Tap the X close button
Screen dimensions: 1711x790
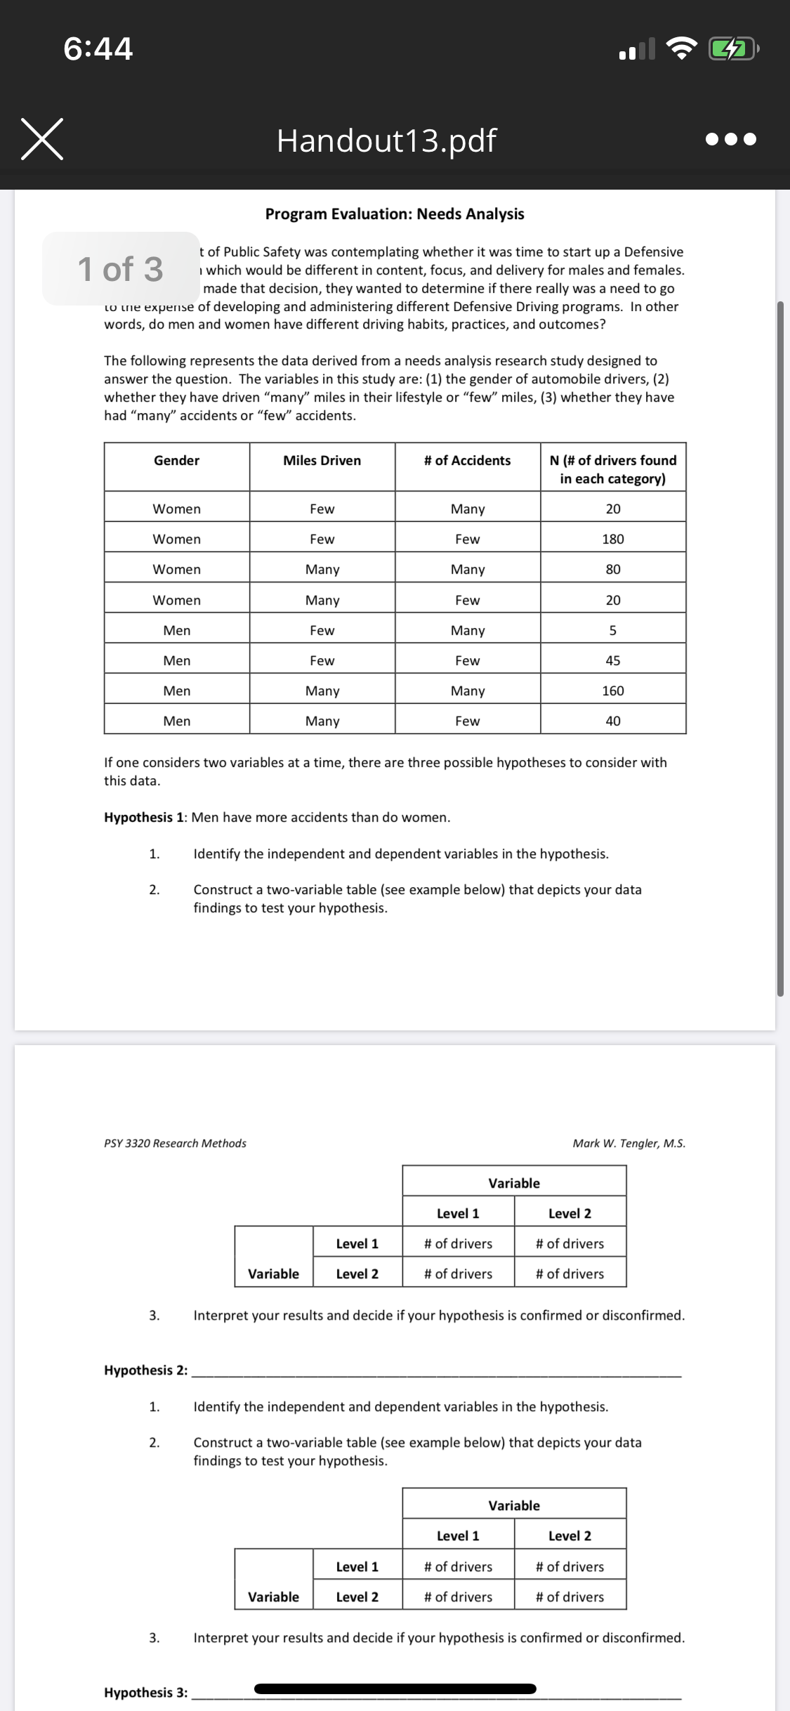coord(42,139)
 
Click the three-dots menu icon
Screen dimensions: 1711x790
coord(731,139)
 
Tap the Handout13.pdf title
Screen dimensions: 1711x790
coord(386,140)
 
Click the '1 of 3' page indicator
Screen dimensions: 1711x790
coord(121,269)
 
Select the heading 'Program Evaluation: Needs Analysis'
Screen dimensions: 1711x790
coord(395,214)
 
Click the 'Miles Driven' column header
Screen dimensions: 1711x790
coord(322,461)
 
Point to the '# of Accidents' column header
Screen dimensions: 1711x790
coord(467,461)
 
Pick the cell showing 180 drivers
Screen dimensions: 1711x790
coord(612,539)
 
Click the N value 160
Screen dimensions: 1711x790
coord(612,690)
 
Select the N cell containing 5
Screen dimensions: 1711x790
coord(612,630)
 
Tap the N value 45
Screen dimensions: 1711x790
coord(612,660)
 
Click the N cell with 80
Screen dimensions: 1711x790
coord(612,569)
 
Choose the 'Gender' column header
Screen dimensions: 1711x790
coord(176,461)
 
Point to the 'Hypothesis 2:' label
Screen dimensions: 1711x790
coord(145,1370)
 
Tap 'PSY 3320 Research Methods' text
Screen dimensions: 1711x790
coord(175,1143)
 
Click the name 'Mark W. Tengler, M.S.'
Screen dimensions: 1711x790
coord(628,1143)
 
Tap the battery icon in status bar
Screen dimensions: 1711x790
coord(732,49)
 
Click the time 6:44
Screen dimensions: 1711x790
coord(98,48)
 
